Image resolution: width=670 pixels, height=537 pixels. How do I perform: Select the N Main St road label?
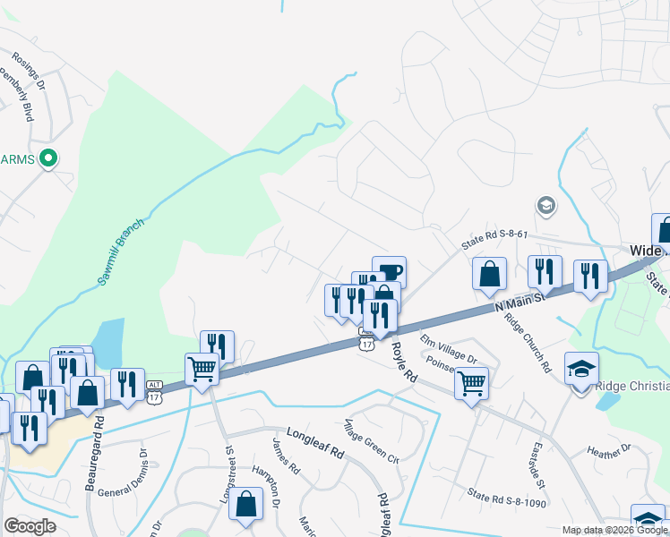pos(520,298)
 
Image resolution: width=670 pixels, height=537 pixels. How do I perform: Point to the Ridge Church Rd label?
pos(526,343)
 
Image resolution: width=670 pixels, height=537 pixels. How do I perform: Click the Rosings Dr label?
pos(29,72)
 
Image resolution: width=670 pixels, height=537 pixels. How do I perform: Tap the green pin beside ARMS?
pos(50,159)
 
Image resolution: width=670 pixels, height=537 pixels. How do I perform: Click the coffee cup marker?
pos(389,271)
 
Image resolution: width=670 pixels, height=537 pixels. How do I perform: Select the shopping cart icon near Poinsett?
pos(471,383)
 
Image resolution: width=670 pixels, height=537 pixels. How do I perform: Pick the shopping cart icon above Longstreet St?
pos(202,369)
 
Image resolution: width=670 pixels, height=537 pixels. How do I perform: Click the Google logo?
pos(30,526)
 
